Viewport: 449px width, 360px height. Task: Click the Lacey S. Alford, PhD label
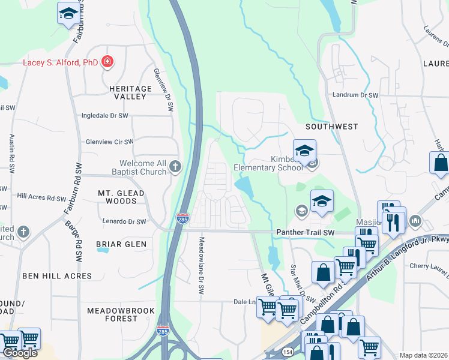pyautogui.click(x=60, y=61)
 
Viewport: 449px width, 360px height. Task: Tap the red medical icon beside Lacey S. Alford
pyautogui.click(x=107, y=61)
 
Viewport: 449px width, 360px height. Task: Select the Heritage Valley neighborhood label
pyautogui.click(x=127, y=92)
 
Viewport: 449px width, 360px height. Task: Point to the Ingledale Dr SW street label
pyautogui.click(x=105, y=115)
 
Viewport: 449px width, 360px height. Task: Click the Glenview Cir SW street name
pyautogui.click(x=109, y=142)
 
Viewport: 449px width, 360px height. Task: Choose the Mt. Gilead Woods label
pyautogui.click(x=121, y=197)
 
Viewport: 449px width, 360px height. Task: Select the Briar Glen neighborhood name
pyautogui.click(x=121, y=244)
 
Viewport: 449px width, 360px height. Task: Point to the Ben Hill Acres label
pyautogui.click(x=57, y=276)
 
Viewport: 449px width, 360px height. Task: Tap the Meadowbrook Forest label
pyautogui.click(x=121, y=314)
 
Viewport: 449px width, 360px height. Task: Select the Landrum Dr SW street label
pyautogui.click(x=355, y=95)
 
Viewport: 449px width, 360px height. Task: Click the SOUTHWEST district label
pyautogui.click(x=331, y=127)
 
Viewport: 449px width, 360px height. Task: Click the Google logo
pyautogui.click(x=19, y=353)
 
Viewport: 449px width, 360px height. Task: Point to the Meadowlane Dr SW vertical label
pyautogui.click(x=202, y=265)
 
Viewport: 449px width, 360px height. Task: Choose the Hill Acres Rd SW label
pyautogui.click(x=41, y=196)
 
